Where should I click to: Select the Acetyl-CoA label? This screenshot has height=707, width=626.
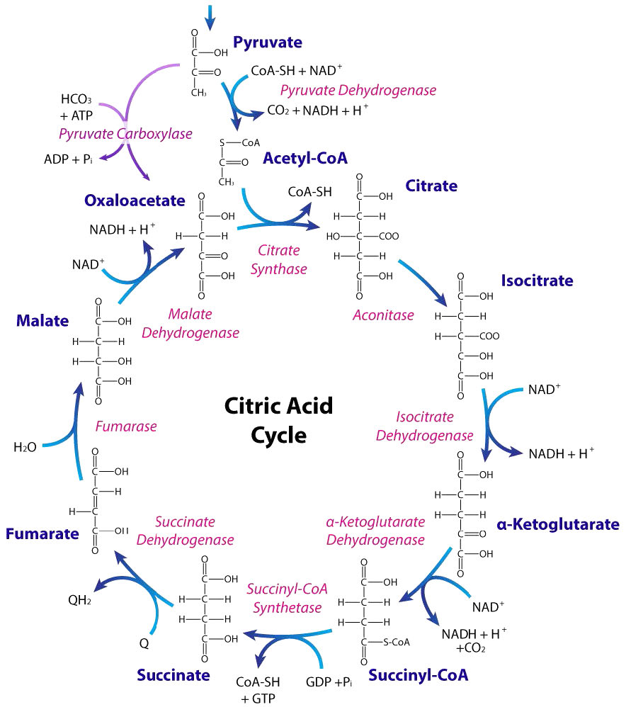[300, 158]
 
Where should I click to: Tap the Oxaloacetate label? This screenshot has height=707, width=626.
[134, 201]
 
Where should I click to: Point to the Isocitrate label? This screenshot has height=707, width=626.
[537, 280]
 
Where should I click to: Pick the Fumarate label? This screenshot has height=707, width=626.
[42, 533]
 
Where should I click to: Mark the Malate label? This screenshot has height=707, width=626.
[43, 321]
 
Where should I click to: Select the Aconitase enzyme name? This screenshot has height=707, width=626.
[383, 315]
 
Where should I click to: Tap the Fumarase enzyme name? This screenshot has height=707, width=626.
[125, 427]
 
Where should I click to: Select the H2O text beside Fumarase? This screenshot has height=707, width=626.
[25, 447]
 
